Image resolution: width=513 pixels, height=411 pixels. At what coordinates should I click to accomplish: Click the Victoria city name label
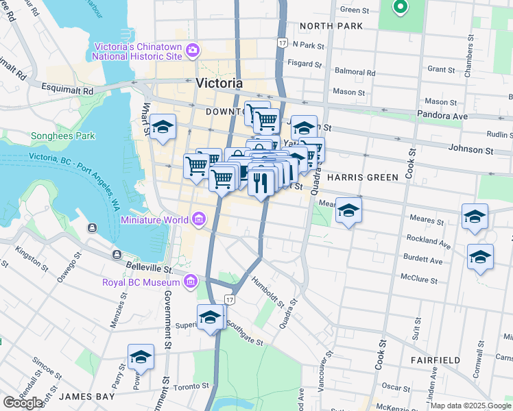(219, 83)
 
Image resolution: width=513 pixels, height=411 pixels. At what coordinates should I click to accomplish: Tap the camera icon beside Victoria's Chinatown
(193, 50)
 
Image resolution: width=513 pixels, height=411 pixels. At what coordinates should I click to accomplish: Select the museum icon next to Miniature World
(198, 219)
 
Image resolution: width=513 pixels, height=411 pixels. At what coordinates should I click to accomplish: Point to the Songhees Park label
(62, 136)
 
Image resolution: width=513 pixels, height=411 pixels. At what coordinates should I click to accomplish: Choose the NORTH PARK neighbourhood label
(331, 26)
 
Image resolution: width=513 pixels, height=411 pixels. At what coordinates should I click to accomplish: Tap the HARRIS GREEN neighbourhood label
(362, 177)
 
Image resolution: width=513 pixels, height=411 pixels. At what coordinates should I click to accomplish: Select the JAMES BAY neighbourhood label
(86, 397)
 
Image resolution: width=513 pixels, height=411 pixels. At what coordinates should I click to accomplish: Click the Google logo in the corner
(23, 402)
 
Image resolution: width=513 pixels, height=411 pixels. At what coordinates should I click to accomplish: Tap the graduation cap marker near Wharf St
(163, 127)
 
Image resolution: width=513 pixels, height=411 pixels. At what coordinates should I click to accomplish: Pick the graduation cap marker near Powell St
(141, 357)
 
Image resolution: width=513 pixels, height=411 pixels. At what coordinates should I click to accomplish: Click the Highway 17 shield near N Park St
(281, 42)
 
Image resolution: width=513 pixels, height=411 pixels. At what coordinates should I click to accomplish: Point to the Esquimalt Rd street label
(67, 90)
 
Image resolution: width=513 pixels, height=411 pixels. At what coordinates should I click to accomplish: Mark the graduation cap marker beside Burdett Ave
(480, 258)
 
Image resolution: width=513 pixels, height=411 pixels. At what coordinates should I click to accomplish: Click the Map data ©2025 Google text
(470, 406)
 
